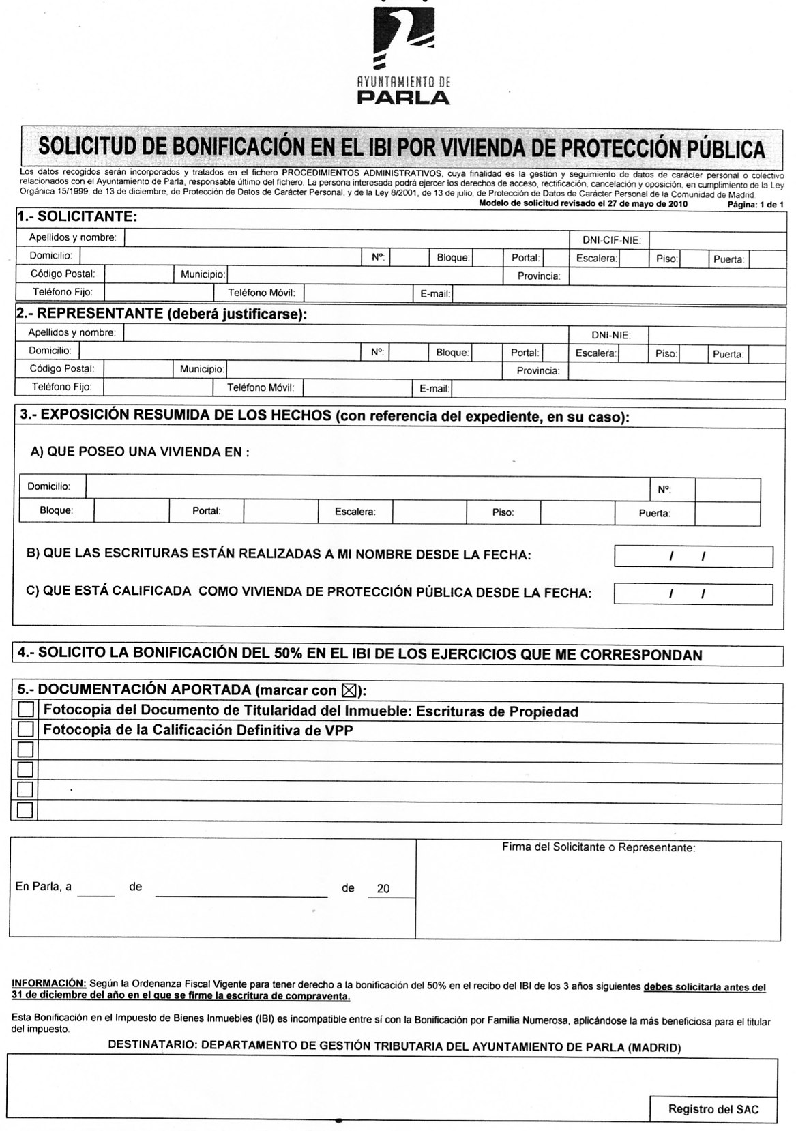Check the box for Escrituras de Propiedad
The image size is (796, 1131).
tap(25, 710)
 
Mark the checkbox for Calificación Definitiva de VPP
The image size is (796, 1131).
tap(25, 729)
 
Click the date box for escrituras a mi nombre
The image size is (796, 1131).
tap(693, 557)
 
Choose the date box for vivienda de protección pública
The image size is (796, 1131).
tap(693, 594)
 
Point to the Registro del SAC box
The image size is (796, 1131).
tap(713, 1108)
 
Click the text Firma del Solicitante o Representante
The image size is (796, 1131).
tap(598, 848)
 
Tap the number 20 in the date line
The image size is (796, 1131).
tap(383, 889)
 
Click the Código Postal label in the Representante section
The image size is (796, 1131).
tap(62, 368)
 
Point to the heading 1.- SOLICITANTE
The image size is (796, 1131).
tap(78, 218)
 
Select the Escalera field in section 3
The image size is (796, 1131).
tap(430, 512)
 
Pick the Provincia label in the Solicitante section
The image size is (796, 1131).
tap(538, 276)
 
